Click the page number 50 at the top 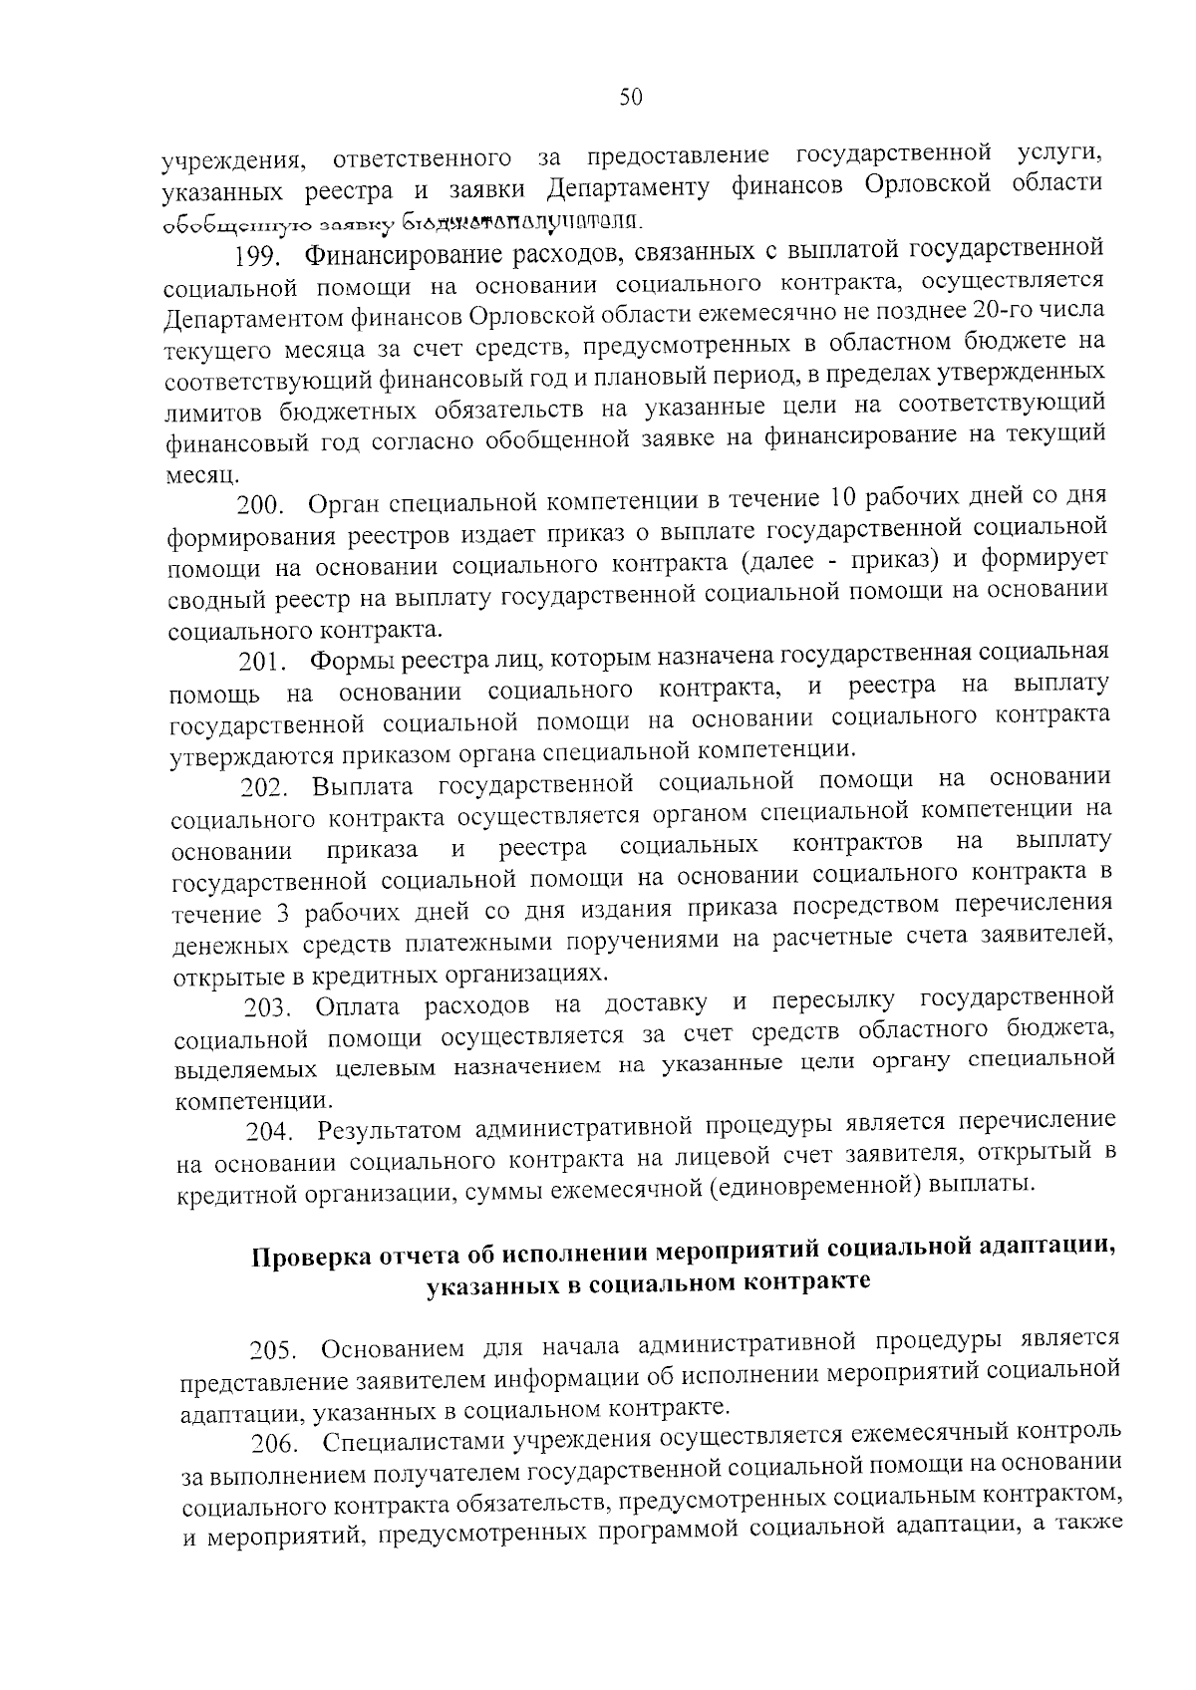631,96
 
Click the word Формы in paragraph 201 344,662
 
